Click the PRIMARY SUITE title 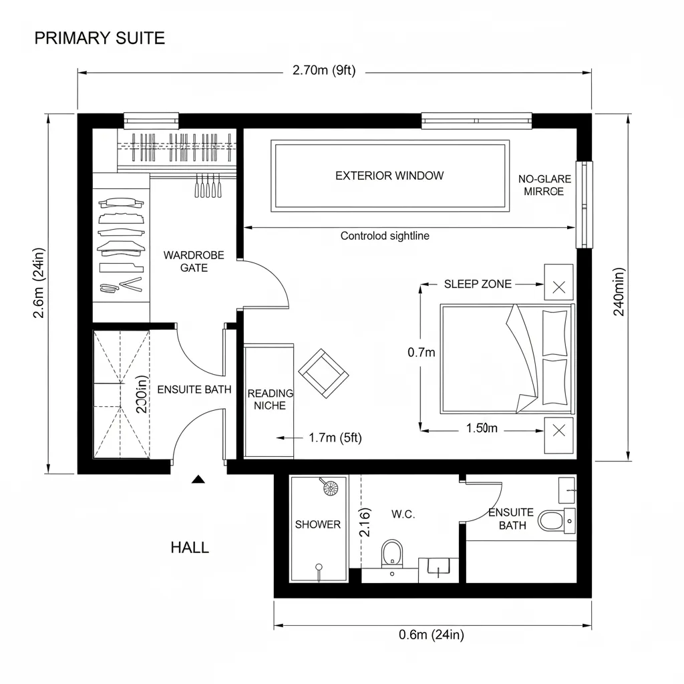100,38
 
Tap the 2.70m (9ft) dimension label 324,71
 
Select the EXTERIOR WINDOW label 389,176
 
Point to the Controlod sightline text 385,236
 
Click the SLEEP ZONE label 478,284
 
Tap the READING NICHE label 271,399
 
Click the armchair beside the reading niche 324,371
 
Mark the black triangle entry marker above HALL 198,479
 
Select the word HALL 190,548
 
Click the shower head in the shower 329,488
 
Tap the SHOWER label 318,524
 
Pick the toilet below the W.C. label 392,554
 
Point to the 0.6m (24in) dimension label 431,635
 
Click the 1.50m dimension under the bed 481,428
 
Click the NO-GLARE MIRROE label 541,185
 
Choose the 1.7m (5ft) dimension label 335,438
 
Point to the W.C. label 403,514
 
